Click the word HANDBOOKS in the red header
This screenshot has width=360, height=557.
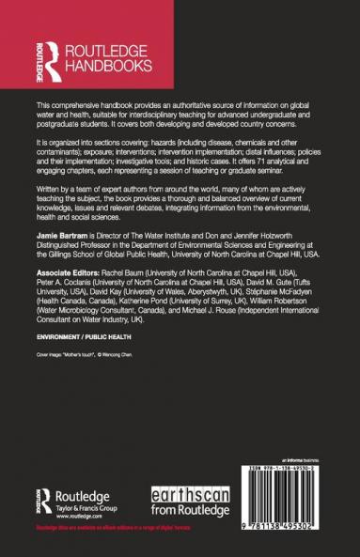point(105,68)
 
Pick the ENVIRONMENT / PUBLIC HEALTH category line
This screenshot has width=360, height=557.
point(84,361)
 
